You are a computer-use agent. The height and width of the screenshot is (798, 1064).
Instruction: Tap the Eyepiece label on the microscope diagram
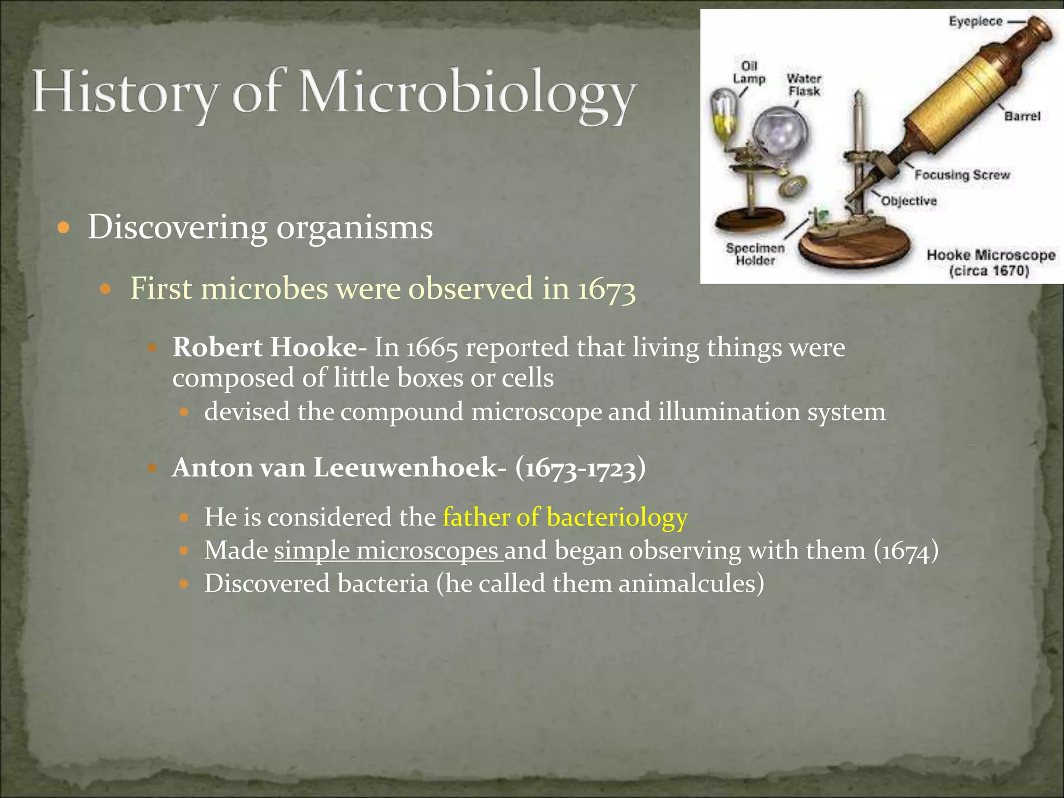(x=975, y=22)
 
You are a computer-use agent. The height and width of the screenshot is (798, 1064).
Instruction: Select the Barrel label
(x=1022, y=116)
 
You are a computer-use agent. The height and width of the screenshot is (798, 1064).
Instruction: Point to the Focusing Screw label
(x=962, y=175)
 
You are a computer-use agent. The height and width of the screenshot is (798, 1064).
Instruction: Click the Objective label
(x=909, y=201)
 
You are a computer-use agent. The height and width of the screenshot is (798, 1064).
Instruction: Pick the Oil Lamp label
(x=749, y=73)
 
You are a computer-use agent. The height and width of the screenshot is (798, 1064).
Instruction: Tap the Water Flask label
(x=804, y=85)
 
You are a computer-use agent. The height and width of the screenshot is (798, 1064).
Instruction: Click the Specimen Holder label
(x=755, y=255)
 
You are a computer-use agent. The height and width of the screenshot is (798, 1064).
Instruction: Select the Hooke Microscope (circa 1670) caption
(x=990, y=263)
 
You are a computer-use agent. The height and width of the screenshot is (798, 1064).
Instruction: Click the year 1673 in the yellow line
(x=606, y=289)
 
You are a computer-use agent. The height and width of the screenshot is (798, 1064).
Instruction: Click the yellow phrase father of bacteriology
(x=565, y=517)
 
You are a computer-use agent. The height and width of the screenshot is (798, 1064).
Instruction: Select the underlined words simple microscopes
(x=387, y=551)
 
